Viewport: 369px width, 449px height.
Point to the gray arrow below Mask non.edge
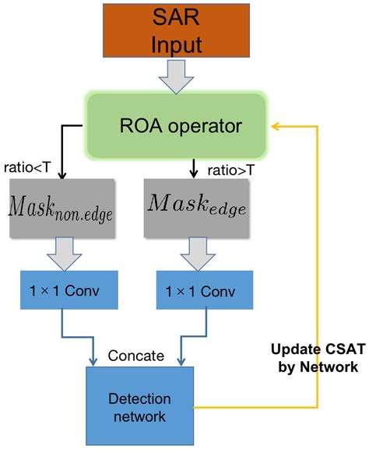tap(58, 248)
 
